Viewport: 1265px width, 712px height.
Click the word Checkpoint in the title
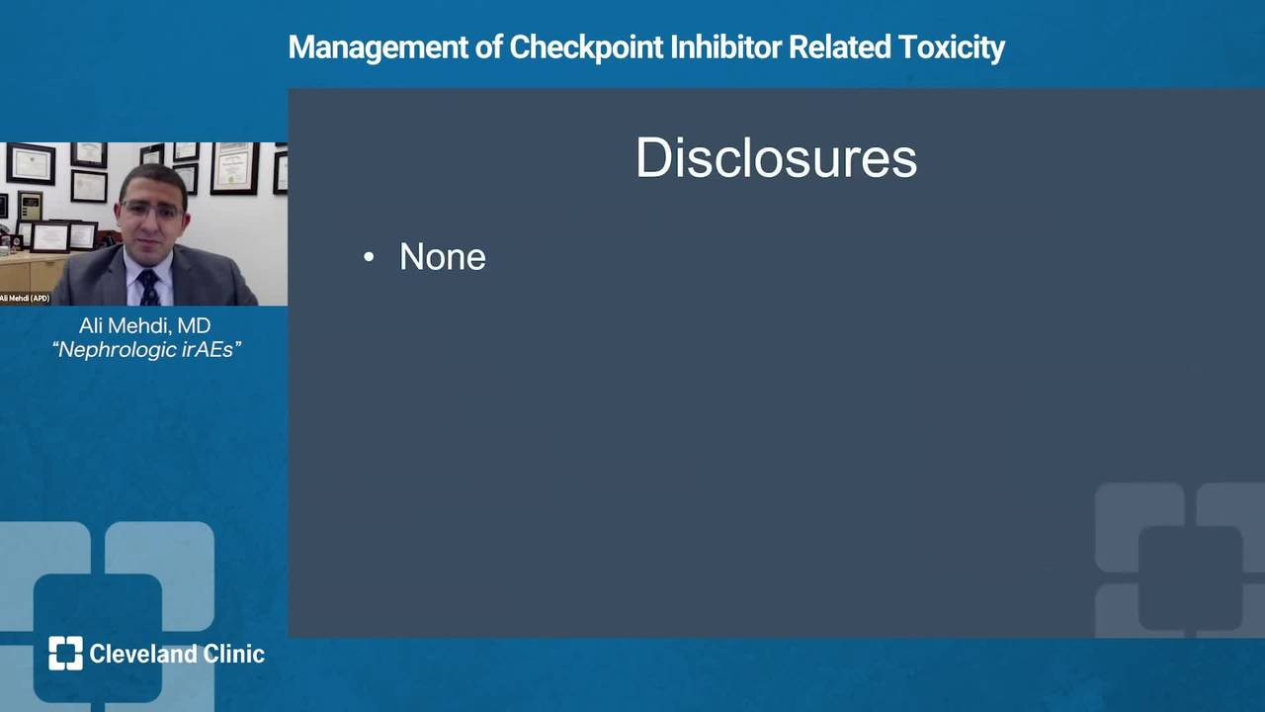586,47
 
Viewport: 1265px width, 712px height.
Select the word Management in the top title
379,47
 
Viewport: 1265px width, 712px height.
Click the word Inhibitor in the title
725,46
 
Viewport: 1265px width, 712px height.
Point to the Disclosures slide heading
777,157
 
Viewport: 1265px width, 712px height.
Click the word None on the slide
443,257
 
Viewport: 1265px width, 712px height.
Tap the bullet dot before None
369,258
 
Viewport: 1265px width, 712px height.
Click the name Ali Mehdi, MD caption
145,326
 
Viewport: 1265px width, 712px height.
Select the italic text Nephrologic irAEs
146,350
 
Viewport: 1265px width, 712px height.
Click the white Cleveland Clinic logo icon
65,654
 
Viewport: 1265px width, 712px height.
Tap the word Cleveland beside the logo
143,654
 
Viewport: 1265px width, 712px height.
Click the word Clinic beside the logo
234,654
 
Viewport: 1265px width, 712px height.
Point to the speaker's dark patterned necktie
148,288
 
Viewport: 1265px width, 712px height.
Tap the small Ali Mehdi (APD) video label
25,299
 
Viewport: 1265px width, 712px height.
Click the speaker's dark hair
153,181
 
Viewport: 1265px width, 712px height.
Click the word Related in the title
840,46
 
